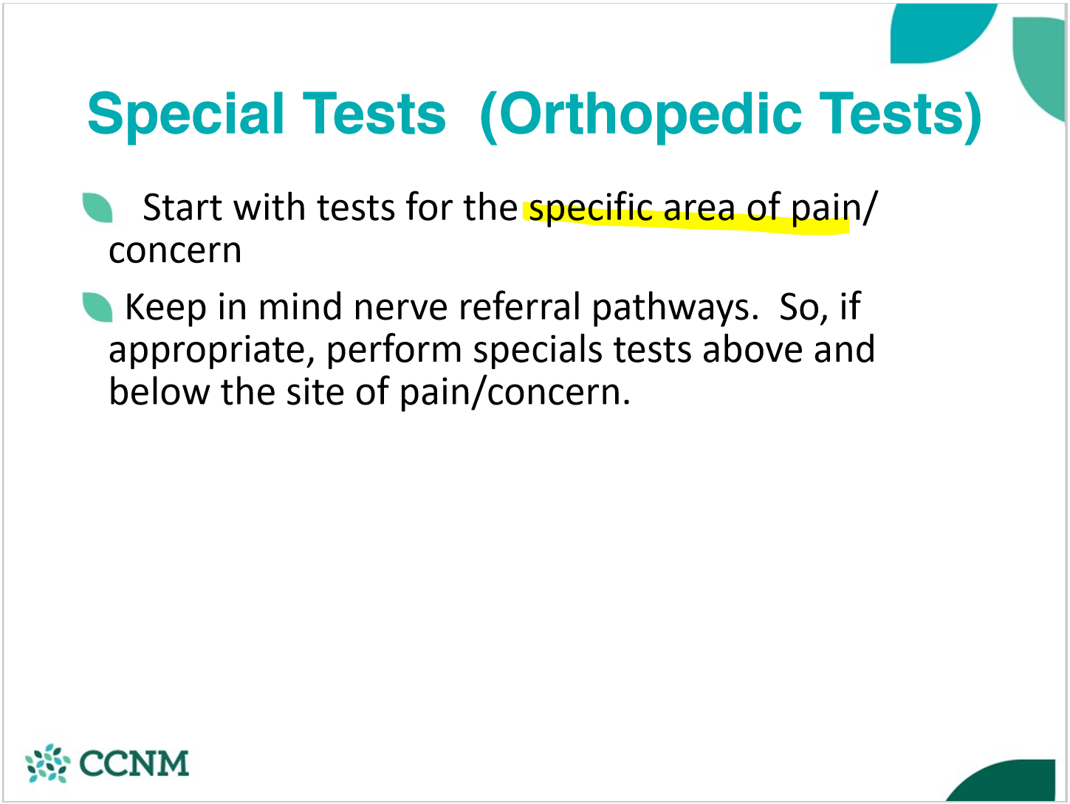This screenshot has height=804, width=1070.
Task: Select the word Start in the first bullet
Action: (x=182, y=207)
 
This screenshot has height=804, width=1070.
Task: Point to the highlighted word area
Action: (x=699, y=209)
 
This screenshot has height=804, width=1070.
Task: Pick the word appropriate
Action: (x=206, y=351)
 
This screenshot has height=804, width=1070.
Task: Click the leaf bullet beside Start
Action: (x=97, y=207)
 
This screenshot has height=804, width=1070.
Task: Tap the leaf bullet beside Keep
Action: (x=97, y=307)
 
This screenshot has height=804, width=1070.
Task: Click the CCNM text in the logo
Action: (x=134, y=763)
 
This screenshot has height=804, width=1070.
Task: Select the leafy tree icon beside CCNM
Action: (x=47, y=763)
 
